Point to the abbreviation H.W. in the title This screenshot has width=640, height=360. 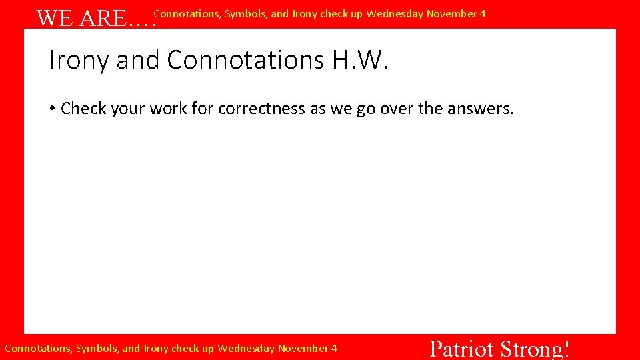click(359, 60)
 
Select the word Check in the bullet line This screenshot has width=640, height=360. click(84, 109)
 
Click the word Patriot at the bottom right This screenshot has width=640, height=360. click(461, 349)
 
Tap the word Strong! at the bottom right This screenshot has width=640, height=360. click(535, 349)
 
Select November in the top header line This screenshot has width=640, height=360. click(451, 13)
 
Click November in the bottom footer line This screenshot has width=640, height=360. click(303, 348)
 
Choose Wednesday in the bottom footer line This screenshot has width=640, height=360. click(246, 348)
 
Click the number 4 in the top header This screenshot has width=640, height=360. click(483, 13)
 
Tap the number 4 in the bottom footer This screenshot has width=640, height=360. click(334, 348)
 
